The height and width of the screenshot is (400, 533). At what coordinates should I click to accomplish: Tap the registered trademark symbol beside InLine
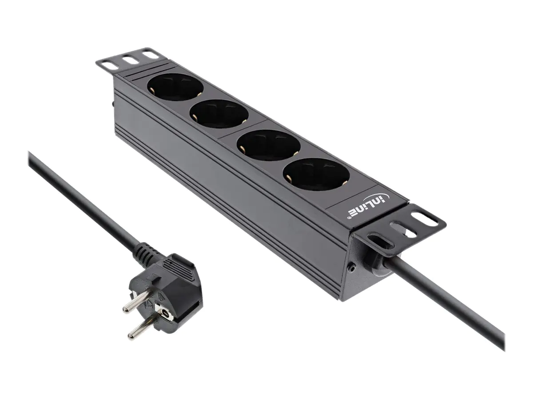(x=349, y=218)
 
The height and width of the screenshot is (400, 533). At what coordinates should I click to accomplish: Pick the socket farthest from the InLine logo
(x=175, y=87)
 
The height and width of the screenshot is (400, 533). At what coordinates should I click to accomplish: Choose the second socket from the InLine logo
(x=269, y=145)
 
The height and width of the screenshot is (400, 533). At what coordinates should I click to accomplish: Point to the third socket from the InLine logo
(x=219, y=114)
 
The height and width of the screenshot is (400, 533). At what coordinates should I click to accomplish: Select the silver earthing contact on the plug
(x=165, y=315)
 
